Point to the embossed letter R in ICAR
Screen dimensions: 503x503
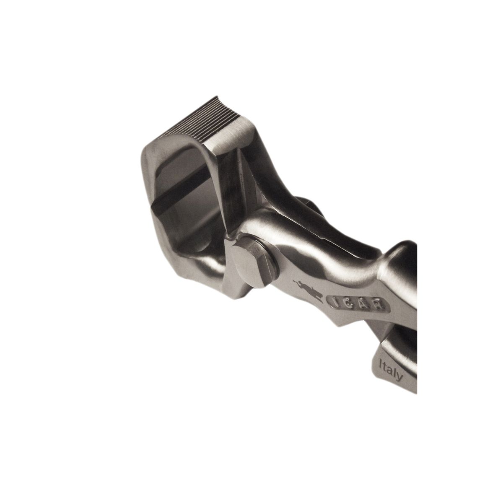pos(377,306)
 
